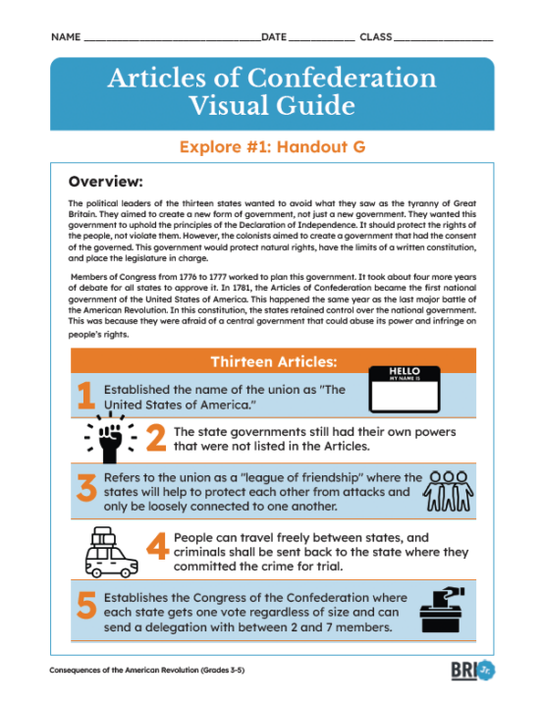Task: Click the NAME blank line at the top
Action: tap(171, 38)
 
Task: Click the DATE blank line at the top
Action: tap(321, 38)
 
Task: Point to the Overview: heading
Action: tap(106, 182)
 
